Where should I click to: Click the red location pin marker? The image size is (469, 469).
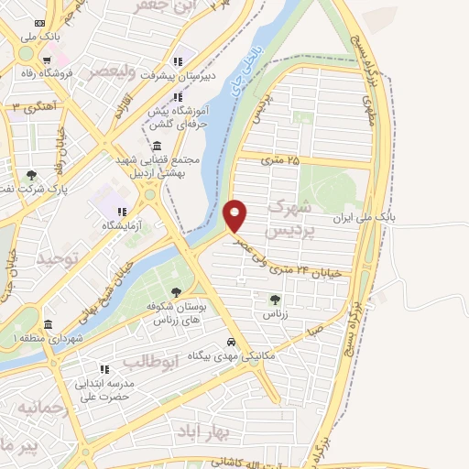coord(236,214)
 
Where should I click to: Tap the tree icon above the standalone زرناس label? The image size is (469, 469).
coord(275,299)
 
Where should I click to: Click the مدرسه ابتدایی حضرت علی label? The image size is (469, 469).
coord(104,390)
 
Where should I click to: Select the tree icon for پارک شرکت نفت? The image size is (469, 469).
coord(32,175)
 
